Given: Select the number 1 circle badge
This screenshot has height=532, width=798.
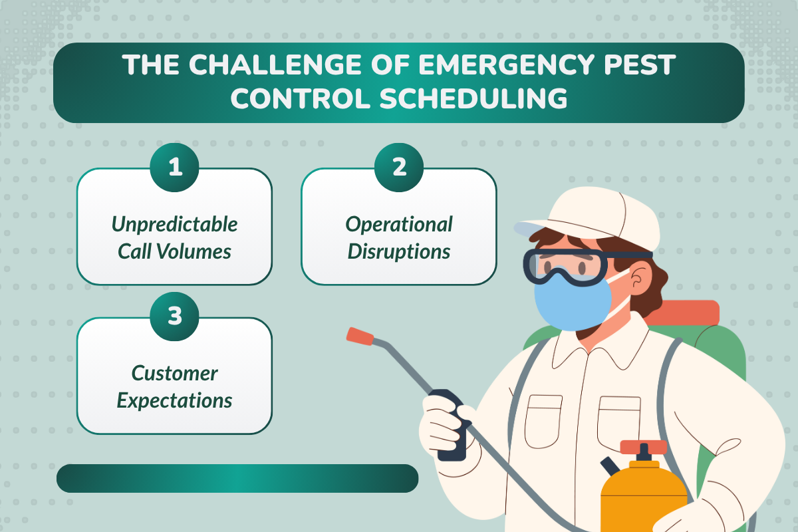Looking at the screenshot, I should [174, 167].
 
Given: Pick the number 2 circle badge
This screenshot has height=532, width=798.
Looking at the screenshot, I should [398, 167].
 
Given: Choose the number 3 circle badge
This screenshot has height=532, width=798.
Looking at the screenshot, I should [174, 316].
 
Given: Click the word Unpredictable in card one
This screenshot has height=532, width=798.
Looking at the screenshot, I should [174, 224].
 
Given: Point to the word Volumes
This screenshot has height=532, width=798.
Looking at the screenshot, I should [199, 251].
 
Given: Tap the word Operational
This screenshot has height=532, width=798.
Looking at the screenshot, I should [398, 224].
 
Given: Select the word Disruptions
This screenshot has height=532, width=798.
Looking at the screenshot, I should [398, 251].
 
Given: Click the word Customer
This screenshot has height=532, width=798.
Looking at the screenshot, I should [174, 373].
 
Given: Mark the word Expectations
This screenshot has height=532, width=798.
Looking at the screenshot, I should [174, 400].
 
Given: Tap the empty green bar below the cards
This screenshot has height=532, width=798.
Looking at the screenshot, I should [237, 478].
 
